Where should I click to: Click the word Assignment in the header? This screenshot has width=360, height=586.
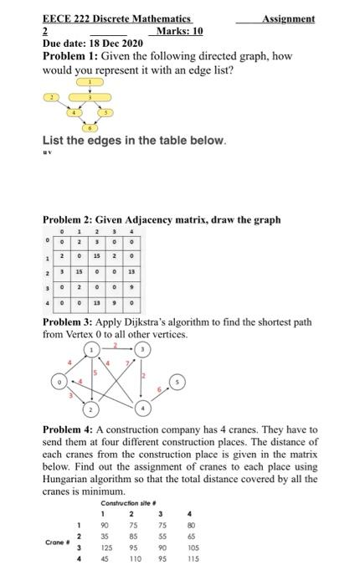tap(288, 18)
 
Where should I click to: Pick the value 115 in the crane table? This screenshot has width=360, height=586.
tap(192, 555)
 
